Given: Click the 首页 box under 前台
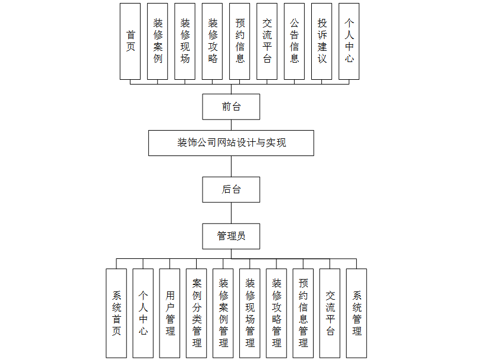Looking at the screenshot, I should click(130, 41).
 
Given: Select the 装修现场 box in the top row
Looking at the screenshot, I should click(185, 41).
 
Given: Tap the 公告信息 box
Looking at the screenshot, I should click(294, 41).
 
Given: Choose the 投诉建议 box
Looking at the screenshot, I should click(322, 41).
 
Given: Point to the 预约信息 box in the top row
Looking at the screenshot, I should click(240, 41).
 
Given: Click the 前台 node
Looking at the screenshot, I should click(231, 107).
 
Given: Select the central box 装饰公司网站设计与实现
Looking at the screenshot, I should click(231, 143).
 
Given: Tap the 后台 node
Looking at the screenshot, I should click(231, 190).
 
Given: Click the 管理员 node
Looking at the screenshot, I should click(231, 236).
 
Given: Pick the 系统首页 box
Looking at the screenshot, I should click(116, 313).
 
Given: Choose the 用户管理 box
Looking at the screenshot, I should click(169, 313).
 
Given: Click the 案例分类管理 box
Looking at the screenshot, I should click(196, 313).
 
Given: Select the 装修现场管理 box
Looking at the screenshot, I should click(250, 313).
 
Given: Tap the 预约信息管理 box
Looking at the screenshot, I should click(303, 313).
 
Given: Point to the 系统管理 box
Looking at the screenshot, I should click(356, 313).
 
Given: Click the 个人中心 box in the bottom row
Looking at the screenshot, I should click(143, 313).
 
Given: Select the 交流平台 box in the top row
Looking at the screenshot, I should click(267, 41).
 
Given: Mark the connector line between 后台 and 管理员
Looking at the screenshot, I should click(231, 213).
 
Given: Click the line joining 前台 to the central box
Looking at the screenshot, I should click(231, 125).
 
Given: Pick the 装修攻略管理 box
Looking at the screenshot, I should click(276, 313).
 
